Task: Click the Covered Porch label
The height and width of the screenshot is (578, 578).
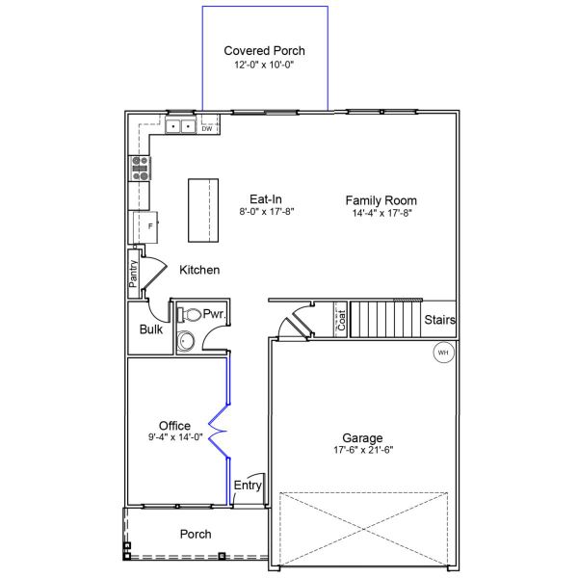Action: point(264,51)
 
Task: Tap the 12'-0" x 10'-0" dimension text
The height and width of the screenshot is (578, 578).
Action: point(264,65)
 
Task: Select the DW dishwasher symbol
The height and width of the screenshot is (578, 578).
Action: point(207,129)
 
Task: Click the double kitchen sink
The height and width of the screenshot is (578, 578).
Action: point(181,126)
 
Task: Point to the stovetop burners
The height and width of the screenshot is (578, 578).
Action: point(140,169)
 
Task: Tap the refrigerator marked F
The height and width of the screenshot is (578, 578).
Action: point(145,226)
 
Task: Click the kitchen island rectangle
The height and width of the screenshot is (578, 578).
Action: point(203,210)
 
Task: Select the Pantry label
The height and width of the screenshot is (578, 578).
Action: point(133,274)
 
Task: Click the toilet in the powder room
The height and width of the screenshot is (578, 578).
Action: point(189,315)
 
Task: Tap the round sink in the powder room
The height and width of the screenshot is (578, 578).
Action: point(185,341)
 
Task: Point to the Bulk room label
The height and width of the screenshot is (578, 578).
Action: point(151,329)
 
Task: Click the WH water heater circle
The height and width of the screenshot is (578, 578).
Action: point(443,353)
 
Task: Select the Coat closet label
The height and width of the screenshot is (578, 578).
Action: point(342,320)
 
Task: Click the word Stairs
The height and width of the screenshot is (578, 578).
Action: point(440,320)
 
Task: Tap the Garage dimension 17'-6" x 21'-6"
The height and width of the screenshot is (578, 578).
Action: point(363,450)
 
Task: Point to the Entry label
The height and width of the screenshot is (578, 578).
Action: point(248,486)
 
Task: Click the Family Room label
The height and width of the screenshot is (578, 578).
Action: point(381,200)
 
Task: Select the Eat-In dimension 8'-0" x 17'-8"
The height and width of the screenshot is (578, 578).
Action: point(267,212)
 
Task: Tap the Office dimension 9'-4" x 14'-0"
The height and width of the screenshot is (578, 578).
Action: point(175,437)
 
